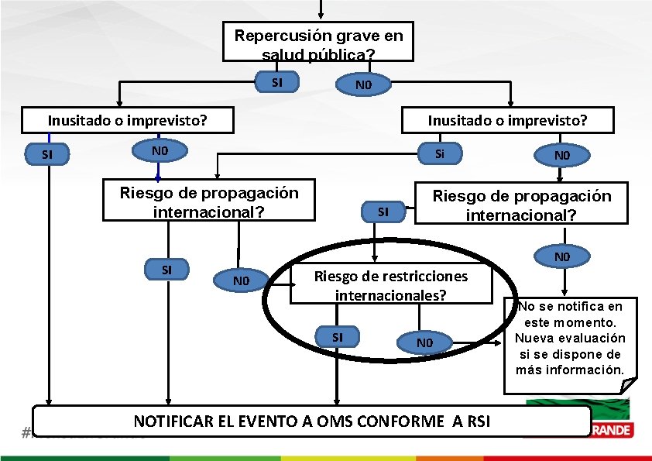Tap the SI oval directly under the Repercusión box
276,81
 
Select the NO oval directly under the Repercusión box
362,84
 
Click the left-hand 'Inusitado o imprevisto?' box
128,120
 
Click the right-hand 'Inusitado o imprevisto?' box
508,120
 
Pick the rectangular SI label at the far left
47,154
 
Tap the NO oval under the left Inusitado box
160,150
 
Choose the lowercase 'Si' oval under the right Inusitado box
439,153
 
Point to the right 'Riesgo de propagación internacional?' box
521,205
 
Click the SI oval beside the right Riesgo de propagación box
383,211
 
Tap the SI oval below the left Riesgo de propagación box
166,270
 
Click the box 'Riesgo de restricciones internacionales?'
391,285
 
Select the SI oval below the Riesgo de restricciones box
337,337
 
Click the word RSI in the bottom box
473,421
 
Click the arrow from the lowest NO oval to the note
476,342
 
